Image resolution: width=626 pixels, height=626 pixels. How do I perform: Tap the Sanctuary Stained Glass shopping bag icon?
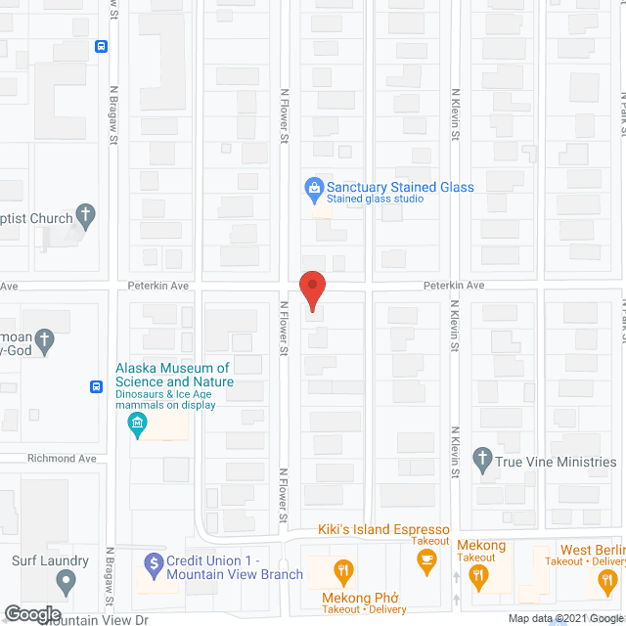314,187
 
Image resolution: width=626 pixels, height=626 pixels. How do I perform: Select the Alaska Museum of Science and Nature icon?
138,423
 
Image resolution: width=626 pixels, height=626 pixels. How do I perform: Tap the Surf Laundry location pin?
66,583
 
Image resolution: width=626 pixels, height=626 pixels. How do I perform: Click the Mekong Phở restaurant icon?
342,571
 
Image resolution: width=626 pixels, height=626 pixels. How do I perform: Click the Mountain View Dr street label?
103,620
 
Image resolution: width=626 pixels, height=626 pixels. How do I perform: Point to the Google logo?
31,614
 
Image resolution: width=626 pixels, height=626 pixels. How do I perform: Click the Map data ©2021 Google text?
565,618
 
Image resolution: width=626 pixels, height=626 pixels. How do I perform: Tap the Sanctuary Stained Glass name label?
400,187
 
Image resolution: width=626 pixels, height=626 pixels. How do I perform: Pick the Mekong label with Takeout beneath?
479,546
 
